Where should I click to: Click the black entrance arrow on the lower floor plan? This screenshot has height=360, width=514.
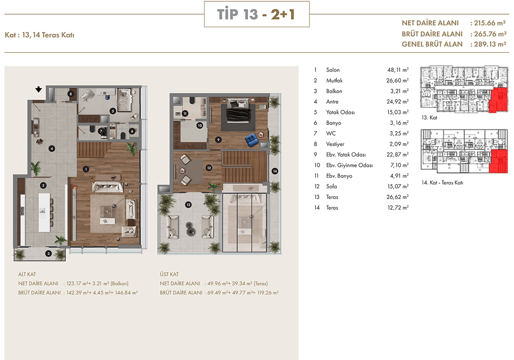pos(39,89)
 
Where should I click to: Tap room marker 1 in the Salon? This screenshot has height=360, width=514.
pos(86,169)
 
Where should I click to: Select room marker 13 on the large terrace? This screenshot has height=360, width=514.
pos(188,205)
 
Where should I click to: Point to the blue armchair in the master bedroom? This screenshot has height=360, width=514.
pos(252,140)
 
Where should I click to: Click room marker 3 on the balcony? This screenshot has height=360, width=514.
pos(48,253)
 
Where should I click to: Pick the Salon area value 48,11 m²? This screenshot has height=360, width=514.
pos(398,70)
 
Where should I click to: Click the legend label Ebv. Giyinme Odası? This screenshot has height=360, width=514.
pos(349,165)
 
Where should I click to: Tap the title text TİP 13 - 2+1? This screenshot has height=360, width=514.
pos(256,14)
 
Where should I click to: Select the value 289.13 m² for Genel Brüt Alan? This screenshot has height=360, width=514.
pos(490,44)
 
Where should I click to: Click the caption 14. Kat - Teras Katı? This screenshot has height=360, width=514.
pos(442,182)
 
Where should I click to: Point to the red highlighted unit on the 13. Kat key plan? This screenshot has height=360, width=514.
pos(498,100)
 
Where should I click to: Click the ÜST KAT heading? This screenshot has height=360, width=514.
pos(169,274)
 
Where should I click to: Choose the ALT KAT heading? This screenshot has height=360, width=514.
pos(27,274)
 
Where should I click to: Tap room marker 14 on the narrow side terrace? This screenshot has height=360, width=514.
pos(275,171)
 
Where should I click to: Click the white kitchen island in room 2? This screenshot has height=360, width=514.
pos(44,213)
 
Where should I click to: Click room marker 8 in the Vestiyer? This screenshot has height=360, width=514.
pos(71,94)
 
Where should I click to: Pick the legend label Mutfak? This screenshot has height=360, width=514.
pos(335,80)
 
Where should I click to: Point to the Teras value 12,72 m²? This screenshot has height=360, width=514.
pos(398,208)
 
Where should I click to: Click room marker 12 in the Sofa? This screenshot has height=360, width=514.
pos(209,168)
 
